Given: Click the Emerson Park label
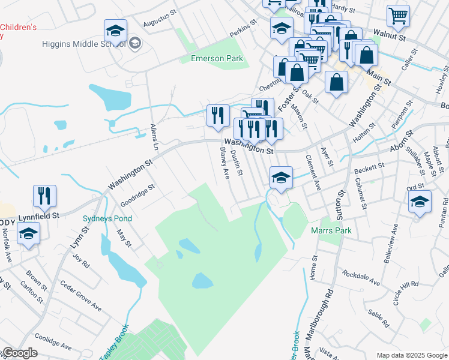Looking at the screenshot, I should click(217, 58).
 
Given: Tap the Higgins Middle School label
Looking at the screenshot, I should click(83, 44).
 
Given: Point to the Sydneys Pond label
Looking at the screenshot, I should click(107, 218).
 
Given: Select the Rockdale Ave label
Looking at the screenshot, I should click(361, 280).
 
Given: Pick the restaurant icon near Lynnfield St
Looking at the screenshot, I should click(44, 196).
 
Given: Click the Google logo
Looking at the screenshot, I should click(19, 353).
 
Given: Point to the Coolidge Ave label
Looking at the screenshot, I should click(53, 342).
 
